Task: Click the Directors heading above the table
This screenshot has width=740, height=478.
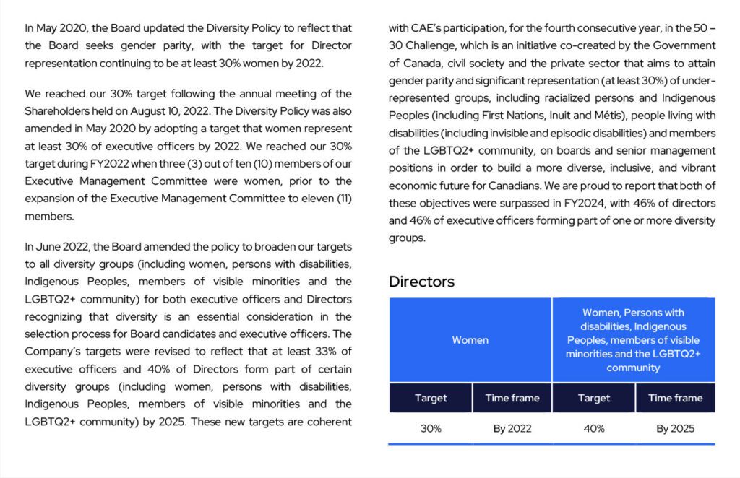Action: [421, 282]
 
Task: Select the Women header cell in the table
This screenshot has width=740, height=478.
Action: [470, 340]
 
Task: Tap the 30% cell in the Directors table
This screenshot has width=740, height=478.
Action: [431, 428]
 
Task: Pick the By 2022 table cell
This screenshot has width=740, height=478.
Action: [512, 428]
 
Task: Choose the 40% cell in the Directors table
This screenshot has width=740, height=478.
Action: [594, 428]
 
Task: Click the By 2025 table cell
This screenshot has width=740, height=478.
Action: [675, 428]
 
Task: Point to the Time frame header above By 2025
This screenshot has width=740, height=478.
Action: [675, 398]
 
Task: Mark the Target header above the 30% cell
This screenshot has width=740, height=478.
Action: [431, 398]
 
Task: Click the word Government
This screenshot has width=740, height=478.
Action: [681, 45]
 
